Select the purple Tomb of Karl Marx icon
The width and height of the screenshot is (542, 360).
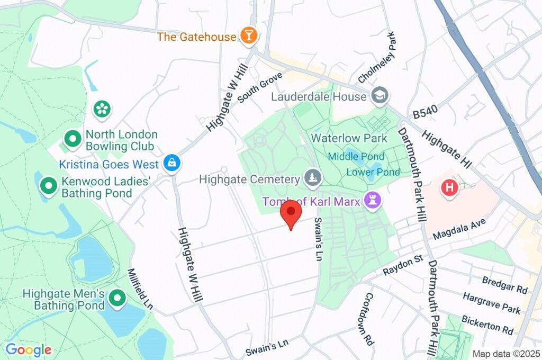[x=373, y=201]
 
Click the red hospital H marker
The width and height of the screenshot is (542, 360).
[x=449, y=187]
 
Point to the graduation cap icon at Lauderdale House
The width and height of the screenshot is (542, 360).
[x=380, y=96]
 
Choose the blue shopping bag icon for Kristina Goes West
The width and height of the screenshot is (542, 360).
[x=172, y=164]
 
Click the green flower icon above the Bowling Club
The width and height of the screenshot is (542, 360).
[x=101, y=109]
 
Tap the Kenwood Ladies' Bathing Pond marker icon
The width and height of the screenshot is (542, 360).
[x=49, y=186]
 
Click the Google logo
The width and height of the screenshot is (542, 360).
[x=28, y=350]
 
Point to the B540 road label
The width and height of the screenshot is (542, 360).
[x=425, y=114]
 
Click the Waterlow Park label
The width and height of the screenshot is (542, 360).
[x=349, y=138]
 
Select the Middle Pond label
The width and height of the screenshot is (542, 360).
[x=356, y=156]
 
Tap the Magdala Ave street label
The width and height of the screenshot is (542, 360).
[x=458, y=231]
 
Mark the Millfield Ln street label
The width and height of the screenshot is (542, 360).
[x=140, y=289]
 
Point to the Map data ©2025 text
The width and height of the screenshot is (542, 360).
[x=505, y=354]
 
